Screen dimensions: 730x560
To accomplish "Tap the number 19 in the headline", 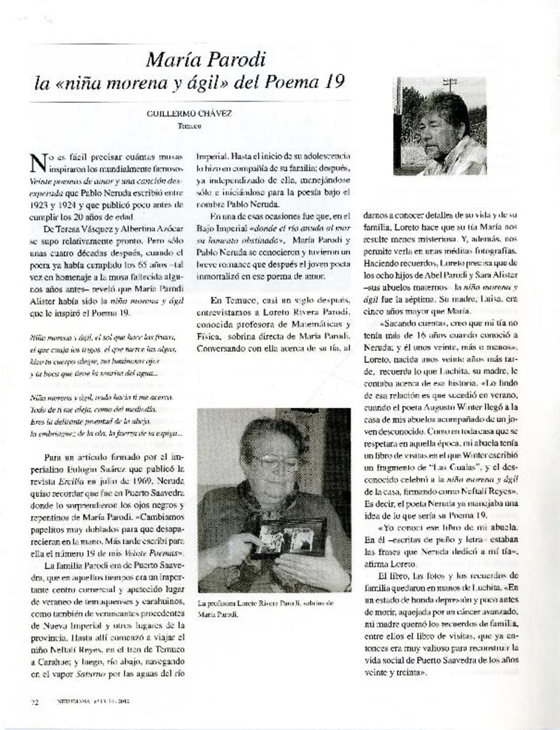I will point(332,82).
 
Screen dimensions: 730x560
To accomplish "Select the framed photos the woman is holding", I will point(289,538).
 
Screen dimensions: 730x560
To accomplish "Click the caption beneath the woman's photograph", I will point(266,608).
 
